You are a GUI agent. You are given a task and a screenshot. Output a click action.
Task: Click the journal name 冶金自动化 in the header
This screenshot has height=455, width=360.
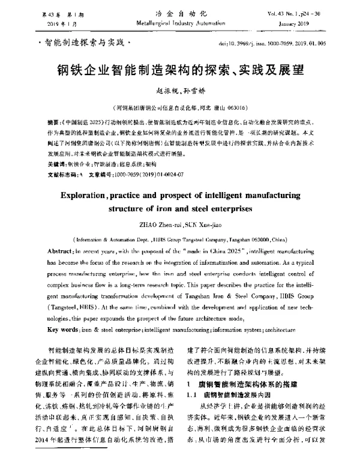pos(181,13)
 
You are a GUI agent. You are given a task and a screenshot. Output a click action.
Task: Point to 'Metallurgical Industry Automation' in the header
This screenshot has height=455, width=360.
pos(181,23)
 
